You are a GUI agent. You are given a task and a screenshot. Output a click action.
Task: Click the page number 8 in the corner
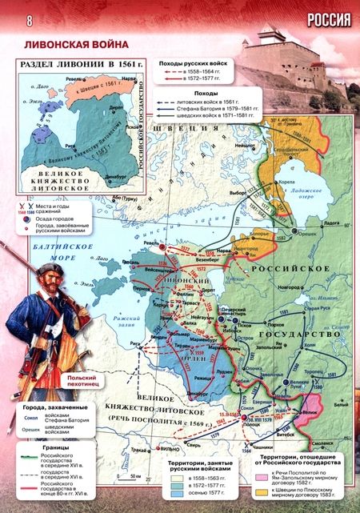pyautogui.click(x=9, y=18)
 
